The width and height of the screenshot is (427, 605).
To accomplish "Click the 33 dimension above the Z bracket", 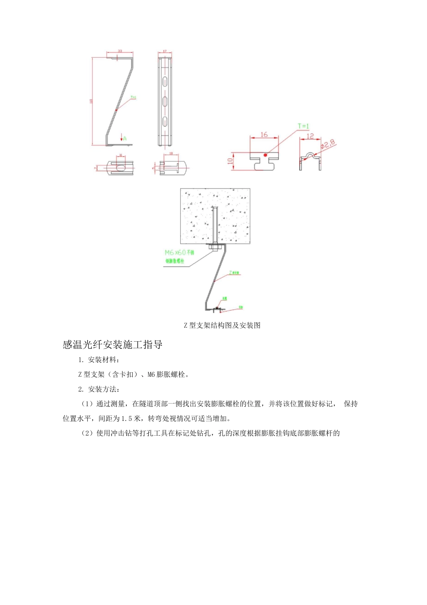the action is coord(120,51).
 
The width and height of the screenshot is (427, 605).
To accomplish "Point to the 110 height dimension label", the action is coord(91,101).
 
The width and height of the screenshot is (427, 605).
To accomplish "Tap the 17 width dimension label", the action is coord(165,51).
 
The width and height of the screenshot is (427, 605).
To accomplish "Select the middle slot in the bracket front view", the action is coord(165,100).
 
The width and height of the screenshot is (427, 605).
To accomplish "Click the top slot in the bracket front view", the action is coord(165,81).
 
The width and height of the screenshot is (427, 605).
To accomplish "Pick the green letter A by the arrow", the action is coord(125,138).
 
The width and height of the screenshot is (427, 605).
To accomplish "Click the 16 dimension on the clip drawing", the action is coord(264,135).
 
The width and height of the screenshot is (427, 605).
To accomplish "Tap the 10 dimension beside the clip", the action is coord(230,161).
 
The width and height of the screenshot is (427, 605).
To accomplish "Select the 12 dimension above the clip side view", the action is coord(310,135).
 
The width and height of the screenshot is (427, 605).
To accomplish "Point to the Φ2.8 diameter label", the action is coord(328,145).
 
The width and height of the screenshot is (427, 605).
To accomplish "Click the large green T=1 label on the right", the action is coord(303,126).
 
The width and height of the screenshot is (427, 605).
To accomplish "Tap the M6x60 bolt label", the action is coord(179,253).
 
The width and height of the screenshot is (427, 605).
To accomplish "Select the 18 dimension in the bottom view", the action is coord(171,154).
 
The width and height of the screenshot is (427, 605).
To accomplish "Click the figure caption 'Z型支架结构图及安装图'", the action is coord(222,325).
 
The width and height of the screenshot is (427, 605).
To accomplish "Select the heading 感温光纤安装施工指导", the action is coord(112,345).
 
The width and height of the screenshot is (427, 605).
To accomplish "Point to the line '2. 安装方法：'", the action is coord(98,389).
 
